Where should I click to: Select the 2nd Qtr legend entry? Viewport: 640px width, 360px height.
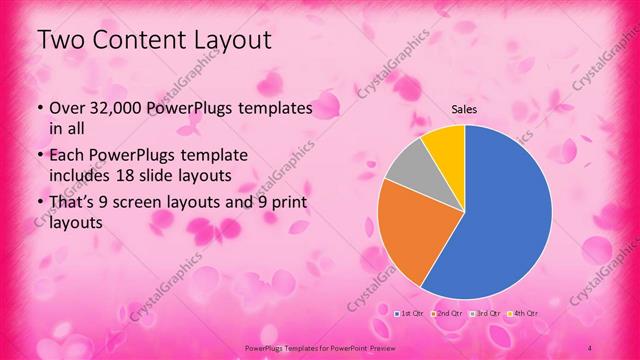[447, 314]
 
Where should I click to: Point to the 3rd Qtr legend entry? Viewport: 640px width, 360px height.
[485, 314]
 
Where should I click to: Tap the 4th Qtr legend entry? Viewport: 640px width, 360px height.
[524, 314]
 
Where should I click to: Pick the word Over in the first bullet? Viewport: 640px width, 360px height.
[63, 107]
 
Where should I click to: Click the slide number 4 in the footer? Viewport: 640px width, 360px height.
[589, 347]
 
